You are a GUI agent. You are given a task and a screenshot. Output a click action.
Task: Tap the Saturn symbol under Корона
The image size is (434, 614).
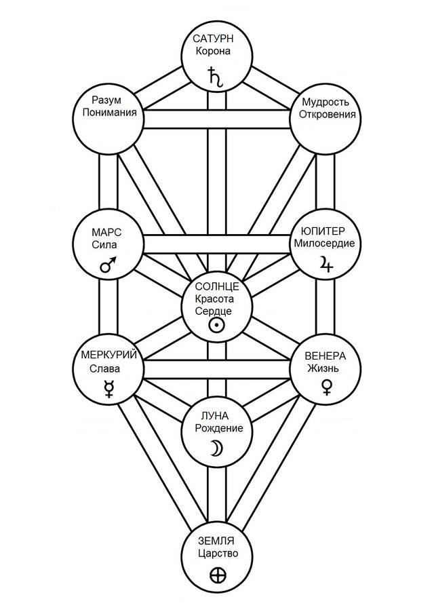pyautogui.click(x=216, y=75)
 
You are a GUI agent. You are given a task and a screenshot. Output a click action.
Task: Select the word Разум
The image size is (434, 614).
pyautogui.click(x=108, y=100)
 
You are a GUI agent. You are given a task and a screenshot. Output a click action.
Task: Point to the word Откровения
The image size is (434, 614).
pyautogui.click(x=323, y=114)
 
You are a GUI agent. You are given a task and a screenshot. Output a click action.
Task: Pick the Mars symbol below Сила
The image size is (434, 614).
pyautogui.click(x=108, y=265)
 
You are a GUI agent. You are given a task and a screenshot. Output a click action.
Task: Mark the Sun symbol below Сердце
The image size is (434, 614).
pyautogui.click(x=216, y=325)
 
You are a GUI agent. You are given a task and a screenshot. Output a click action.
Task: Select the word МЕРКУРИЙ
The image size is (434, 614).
pyautogui.click(x=108, y=357)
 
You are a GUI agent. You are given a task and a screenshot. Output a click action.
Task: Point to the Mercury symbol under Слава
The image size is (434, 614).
pyautogui.click(x=108, y=389)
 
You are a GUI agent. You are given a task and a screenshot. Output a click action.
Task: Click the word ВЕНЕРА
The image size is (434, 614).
pyautogui.click(x=325, y=356)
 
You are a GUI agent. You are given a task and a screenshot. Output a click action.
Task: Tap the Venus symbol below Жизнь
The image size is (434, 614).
pyautogui.click(x=326, y=387)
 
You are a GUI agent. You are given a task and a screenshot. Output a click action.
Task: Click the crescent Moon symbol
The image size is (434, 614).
pyautogui.click(x=215, y=448)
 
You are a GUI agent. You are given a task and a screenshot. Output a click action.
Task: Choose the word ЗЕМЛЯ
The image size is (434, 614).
pyautogui.click(x=216, y=540)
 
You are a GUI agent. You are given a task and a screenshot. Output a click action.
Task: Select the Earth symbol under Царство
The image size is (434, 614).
pyautogui.click(x=218, y=577)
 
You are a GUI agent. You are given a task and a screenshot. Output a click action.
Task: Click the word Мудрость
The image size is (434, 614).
pyautogui.click(x=323, y=100)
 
